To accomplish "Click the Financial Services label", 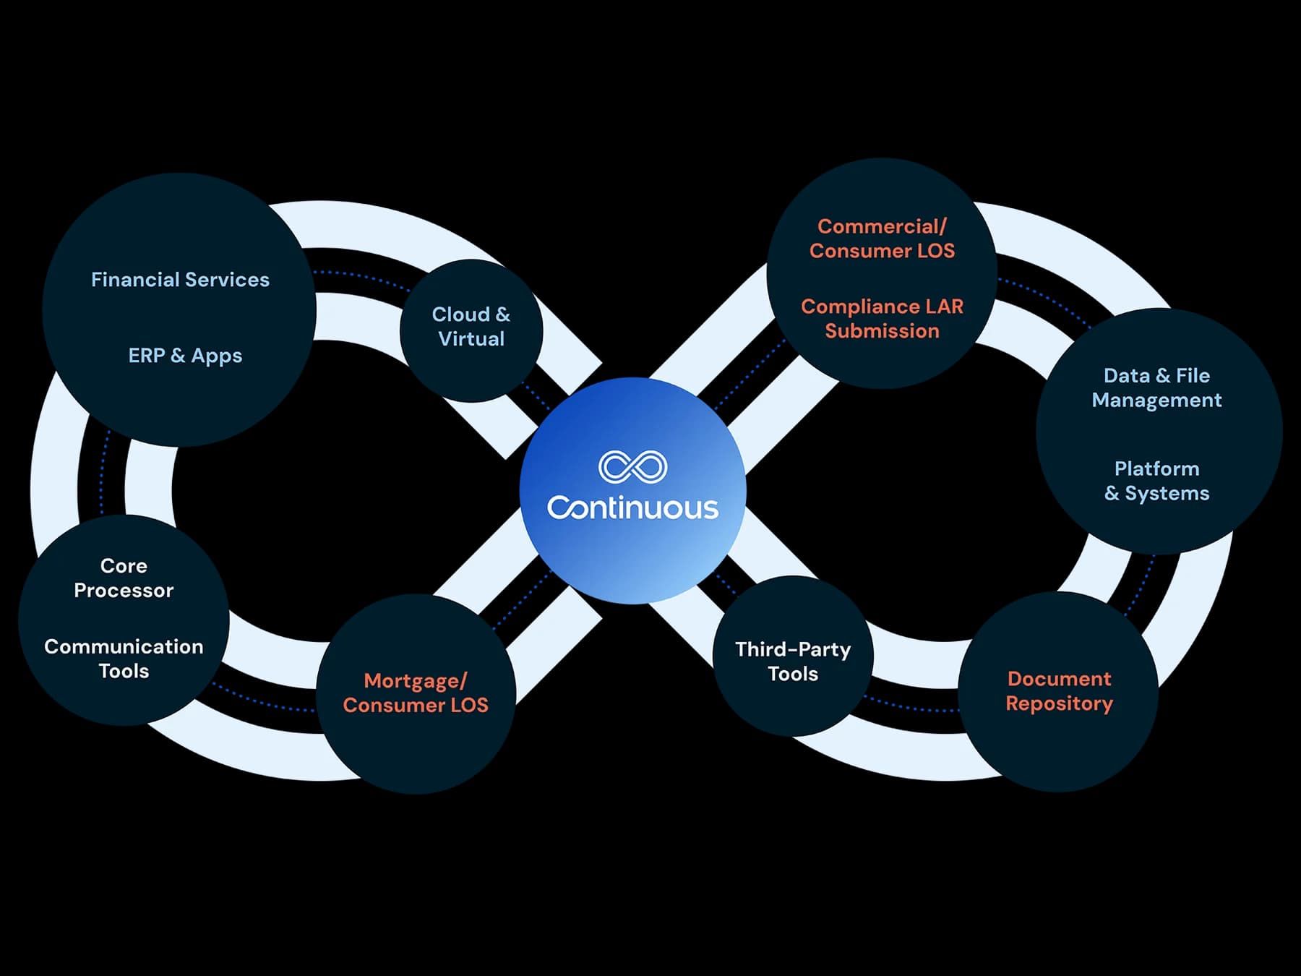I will coord(180,280).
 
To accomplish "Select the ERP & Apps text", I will coord(185,356).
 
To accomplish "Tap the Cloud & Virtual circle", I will coord(471,330).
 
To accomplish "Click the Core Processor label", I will coord(124,578).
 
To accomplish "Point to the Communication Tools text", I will coord(124,659).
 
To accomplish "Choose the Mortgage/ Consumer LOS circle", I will coord(416,693).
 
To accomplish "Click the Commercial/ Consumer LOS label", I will coord(882,239).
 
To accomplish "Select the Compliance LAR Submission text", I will coord(882,319).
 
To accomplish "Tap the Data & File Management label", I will coord(1156,388).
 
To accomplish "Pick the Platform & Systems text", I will coord(1156,481).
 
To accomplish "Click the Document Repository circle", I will coord(1059,691).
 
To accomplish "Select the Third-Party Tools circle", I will coord(793,656).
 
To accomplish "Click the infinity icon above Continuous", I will coord(632,467).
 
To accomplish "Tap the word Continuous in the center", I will coord(632,508).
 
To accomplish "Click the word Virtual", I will coord(471,339).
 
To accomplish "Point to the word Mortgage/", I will coord(416,681).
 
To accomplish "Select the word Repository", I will coord(1059,703).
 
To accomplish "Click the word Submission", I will coord(882,331).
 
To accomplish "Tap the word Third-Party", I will coord(793,649).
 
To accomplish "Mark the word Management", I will coord(1156,400).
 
